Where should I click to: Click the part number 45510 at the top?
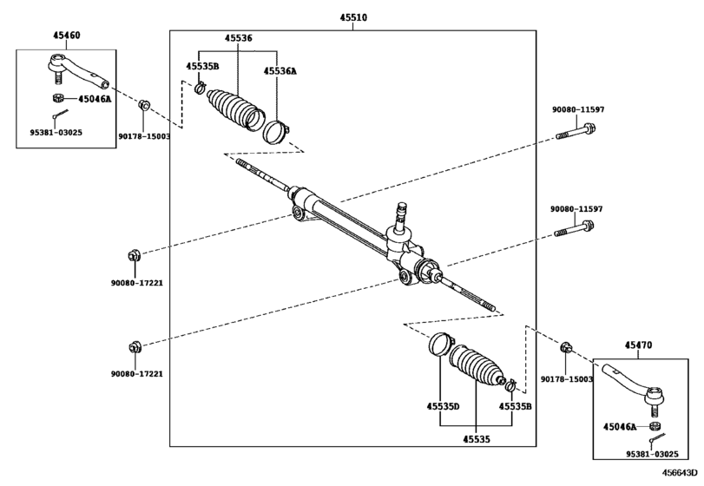point(353,17)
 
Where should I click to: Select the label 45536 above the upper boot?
point(239,38)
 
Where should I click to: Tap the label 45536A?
point(280,71)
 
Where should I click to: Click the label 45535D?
point(443,406)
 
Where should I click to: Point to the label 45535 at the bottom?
point(477,439)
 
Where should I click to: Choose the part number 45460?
point(67,35)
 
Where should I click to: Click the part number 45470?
point(638,345)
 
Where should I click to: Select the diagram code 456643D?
point(681,473)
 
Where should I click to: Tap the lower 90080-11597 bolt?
point(575,229)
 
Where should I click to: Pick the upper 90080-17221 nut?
point(135,256)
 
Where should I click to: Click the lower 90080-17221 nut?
point(135,347)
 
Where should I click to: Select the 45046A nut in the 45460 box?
point(57,97)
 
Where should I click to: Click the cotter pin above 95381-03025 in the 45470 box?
point(657,437)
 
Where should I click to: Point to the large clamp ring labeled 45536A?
point(275,133)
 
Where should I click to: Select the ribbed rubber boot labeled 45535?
point(477,366)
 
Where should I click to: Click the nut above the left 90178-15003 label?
point(144,106)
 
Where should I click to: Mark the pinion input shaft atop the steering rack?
point(401,218)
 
